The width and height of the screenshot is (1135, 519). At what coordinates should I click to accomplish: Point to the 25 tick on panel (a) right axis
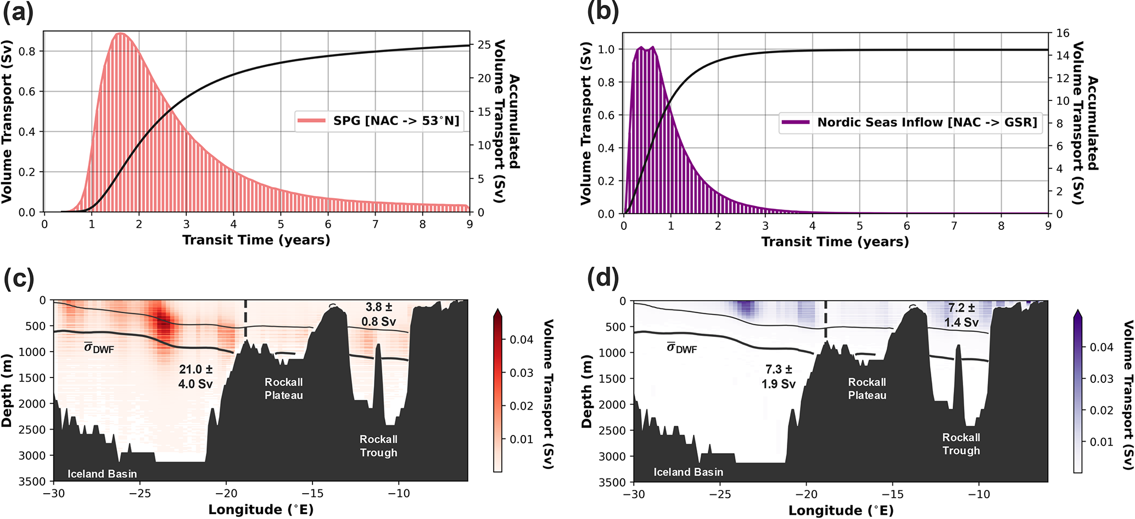click(x=484, y=44)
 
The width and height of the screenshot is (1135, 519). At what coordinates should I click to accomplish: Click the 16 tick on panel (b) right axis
click(x=1063, y=33)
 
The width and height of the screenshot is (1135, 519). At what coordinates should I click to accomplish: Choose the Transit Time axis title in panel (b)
click(x=835, y=241)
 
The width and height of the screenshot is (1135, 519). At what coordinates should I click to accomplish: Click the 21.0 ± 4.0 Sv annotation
click(x=195, y=377)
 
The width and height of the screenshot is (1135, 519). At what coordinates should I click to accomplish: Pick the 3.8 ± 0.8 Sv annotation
click(x=379, y=314)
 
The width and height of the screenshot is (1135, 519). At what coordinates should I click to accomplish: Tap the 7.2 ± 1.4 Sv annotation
click(x=961, y=315)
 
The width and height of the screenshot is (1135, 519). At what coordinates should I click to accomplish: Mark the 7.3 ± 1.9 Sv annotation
click(x=779, y=377)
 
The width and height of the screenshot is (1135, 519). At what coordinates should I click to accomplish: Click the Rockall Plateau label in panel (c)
click(x=283, y=388)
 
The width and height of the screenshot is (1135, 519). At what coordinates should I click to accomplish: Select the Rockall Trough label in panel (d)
click(x=961, y=444)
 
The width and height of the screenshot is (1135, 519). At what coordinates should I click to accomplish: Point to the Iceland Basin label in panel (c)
click(x=102, y=474)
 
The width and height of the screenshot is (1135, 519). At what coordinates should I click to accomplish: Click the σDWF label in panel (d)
click(x=681, y=348)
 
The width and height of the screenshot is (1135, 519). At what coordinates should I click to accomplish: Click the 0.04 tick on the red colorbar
click(x=521, y=340)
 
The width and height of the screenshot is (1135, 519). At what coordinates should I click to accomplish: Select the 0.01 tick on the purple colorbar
click(x=1102, y=442)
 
